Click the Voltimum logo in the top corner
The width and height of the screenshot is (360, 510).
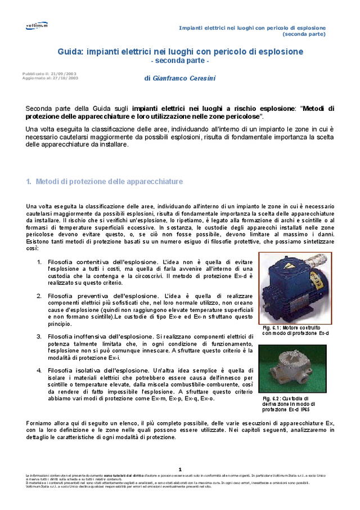pos(37,25)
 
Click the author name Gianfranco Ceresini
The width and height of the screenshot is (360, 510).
pos(175,78)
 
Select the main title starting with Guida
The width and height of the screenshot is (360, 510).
pos(180,52)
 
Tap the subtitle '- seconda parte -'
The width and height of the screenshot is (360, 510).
pos(180,61)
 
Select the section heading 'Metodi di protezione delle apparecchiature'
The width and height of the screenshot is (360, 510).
pos(109,182)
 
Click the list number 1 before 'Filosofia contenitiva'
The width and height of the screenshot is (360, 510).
pos(39,262)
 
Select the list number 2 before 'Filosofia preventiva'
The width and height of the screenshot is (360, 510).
pos(39,296)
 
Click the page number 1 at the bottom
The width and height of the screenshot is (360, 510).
pos(180,469)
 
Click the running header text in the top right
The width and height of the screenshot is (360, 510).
pos(252,30)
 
